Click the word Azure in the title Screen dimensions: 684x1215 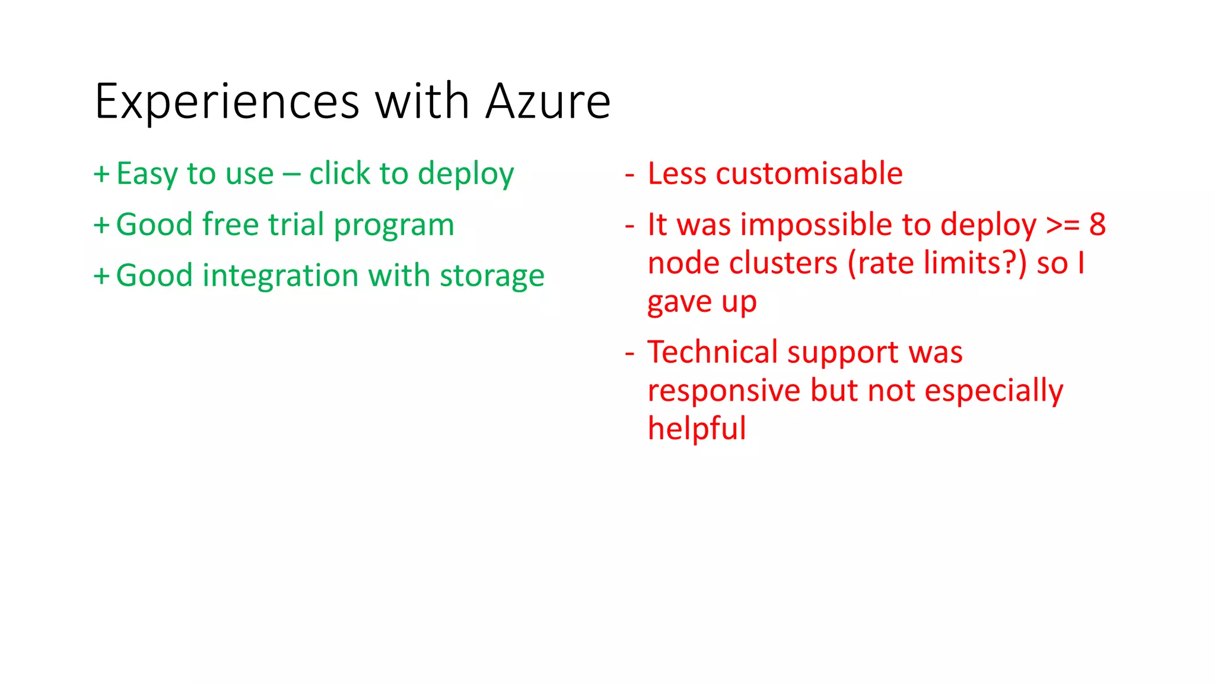tap(548, 102)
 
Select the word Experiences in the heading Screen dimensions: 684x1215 tap(227, 102)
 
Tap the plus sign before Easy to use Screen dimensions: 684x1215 tap(101, 174)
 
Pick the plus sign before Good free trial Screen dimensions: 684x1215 tap(101, 226)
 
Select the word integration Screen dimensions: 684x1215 tap(280, 276)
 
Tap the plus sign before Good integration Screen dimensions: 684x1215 tap(101, 277)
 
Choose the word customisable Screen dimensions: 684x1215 tap(809, 174)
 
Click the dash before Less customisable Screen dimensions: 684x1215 tap(629, 175)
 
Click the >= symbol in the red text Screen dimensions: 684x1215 tap(1062, 225)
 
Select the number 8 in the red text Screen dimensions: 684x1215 tap(1098, 225)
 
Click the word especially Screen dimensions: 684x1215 tap(994, 391)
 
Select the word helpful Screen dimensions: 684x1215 tap(696, 429)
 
